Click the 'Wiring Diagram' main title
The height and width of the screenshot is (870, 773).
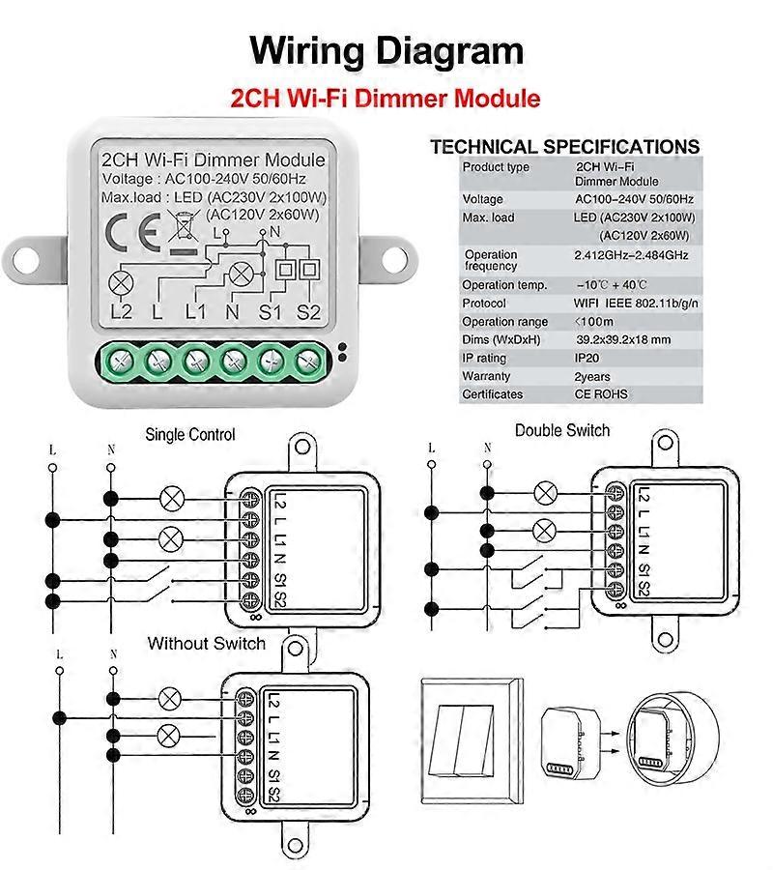(386, 50)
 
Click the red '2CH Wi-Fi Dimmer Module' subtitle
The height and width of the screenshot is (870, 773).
(386, 99)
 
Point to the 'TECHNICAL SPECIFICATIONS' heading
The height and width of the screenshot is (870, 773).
(564, 147)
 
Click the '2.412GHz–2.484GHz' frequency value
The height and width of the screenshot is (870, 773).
(632, 255)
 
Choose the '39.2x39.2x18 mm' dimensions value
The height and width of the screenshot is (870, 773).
(623, 340)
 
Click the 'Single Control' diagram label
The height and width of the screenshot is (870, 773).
(190, 435)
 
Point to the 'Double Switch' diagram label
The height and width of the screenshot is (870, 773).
(562, 430)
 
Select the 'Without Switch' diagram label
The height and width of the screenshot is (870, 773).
(206, 644)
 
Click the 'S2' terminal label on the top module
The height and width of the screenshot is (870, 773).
(308, 311)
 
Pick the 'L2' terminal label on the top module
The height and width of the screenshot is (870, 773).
(121, 311)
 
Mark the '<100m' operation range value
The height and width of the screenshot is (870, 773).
(594, 322)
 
